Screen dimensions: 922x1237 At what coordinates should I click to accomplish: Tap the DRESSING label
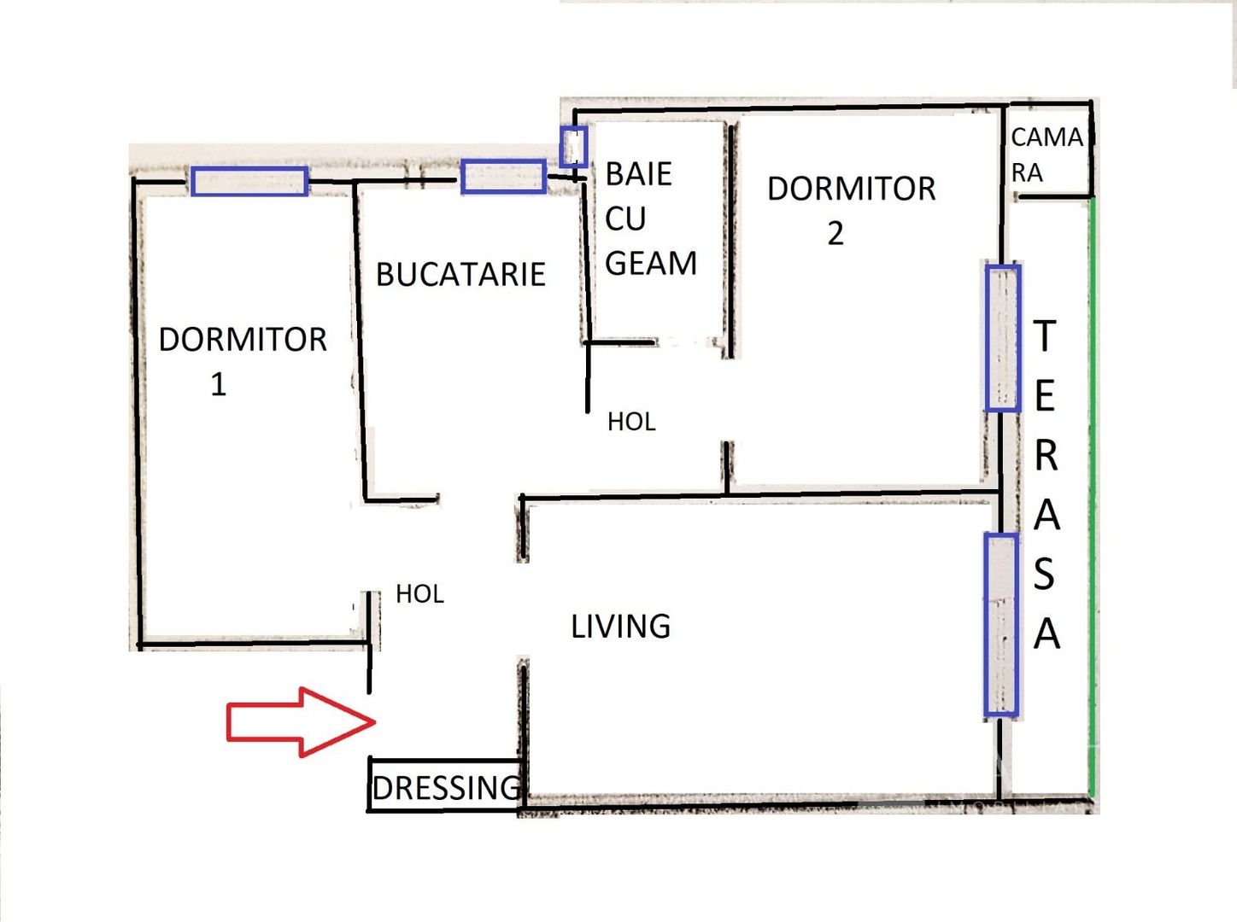pos(446,788)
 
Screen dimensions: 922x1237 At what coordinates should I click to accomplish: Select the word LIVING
pos(620,627)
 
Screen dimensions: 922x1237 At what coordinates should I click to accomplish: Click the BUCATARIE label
pos(460,274)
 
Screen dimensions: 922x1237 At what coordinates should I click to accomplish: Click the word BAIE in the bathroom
pos(638,174)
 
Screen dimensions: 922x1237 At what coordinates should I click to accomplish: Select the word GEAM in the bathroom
pos(651,264)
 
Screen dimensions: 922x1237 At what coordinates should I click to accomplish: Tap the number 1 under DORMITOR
pos(219,385)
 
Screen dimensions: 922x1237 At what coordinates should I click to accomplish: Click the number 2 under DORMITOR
pos(835,234)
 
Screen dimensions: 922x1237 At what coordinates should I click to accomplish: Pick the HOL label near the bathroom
pos(631,422)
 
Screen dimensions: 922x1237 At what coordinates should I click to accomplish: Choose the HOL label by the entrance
pos(419,594)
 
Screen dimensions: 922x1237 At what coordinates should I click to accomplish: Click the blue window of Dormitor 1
pos(249,181)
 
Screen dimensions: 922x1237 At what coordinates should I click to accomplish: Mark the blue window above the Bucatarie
pos(503,177)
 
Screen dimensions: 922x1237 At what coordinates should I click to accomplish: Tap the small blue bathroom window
pos(573,147)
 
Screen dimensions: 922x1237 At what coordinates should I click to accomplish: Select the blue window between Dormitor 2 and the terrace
pos(1002,338)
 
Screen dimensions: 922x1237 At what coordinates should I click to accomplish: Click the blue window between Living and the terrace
pos(1000,624)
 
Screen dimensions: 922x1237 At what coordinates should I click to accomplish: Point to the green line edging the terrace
pos(1092,495)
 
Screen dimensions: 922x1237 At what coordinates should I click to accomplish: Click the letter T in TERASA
pos(1045,336)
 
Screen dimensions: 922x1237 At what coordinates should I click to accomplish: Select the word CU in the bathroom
pos(625,219)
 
